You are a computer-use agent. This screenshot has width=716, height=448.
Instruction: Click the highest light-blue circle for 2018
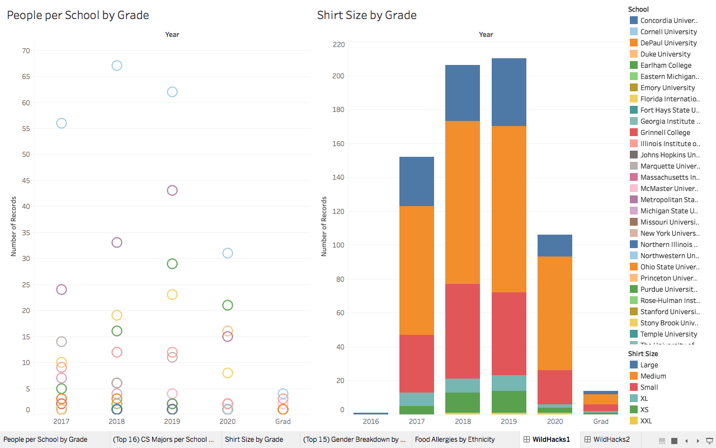pyautogui.click(x=117, y=66)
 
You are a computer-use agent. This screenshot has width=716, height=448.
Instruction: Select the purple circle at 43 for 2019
pyautogui.click(x=172, y=190)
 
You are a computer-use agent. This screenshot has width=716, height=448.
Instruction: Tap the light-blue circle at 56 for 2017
pyautogui.click(x=62, y=123)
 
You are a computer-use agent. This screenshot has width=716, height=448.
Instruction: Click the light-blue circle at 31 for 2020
pyautogui.click(x=228, y=253)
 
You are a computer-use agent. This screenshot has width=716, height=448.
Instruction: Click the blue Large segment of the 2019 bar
pyautogui.click(x=508, y=92)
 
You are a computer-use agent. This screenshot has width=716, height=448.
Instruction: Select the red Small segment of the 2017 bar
pyautogui.click(x=417, y=363)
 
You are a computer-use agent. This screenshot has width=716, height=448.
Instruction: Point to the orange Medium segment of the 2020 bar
pyautogui.click(x=554, y=313)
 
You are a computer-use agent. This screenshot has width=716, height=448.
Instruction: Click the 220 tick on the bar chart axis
pyautogui.click(x=338, y=45)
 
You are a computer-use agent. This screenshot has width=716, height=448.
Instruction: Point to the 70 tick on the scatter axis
pyautogui.click(x=26, y=51)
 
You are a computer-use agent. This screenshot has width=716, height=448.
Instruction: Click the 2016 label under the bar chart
pyautogui.click(x=371, y=422)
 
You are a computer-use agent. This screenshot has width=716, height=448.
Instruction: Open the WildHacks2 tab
pyautogui.click(x=611, y=440)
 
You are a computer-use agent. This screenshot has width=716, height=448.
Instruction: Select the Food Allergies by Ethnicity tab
pyautogui.click(x=454, y=440)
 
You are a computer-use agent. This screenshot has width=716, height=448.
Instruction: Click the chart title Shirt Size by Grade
pyautogui.click(x=366, y=15)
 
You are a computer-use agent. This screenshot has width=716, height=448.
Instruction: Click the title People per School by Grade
pyautogui.click(x=78, y=15)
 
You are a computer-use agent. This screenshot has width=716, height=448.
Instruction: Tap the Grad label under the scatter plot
pyautogui.click(x=283, y=422)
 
